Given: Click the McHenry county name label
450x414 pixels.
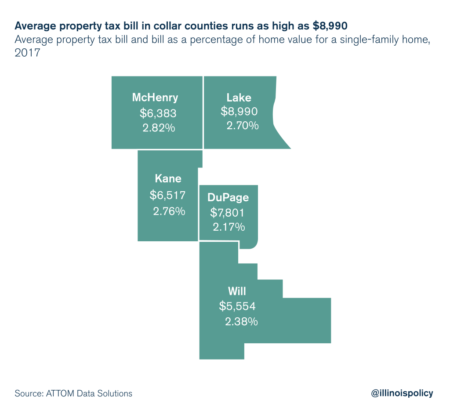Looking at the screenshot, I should click(x=155, y=98).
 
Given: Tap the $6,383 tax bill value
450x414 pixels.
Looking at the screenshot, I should click(x=158, y=113).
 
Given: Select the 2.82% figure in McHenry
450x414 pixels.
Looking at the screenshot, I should click(x=158, y=128).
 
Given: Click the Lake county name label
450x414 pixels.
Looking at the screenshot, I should click(x=239, y=98).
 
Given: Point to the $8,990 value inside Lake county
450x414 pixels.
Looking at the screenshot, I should click(x=239, y=112).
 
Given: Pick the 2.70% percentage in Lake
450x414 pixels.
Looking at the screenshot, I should click(x=242, y=126).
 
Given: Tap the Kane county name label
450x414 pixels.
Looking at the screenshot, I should click(x=168, y=178).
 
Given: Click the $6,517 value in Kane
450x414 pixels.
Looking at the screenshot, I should click(x=167, y=195).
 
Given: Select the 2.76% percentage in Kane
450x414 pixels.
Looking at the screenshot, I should click(x=169, y=211).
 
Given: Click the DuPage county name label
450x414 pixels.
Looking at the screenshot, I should click(x=228, y=197).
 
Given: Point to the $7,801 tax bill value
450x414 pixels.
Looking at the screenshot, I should click(x=227, y=213).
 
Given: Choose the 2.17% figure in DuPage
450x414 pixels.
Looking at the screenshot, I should click(x=229, y=228).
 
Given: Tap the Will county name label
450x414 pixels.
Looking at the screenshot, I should click(x=237, y=291).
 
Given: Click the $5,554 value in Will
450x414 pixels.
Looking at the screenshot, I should click(x=237, y=306).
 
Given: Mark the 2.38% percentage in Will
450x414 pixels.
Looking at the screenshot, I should click(x=241, y=322).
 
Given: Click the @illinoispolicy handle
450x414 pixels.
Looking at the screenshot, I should click(x=402, y=393).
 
